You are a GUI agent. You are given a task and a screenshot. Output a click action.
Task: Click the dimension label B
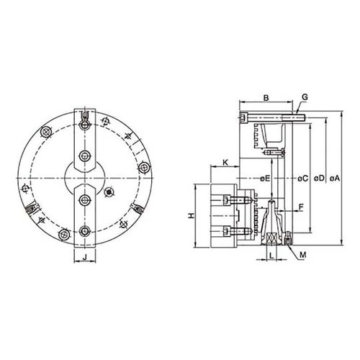266,98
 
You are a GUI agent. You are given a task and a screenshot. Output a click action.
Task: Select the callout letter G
305,97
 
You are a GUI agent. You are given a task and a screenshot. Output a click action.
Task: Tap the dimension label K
225,163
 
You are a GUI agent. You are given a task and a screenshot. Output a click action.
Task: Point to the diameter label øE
265,179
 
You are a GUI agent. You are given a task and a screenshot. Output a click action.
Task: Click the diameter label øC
302,179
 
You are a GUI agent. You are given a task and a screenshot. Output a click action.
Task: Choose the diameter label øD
319,179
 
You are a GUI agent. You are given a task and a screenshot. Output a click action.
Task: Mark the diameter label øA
335,179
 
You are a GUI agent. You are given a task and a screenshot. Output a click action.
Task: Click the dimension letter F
301,207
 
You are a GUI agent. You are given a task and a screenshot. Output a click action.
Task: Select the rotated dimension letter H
192,215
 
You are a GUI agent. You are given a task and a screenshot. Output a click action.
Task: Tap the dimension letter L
271,256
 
